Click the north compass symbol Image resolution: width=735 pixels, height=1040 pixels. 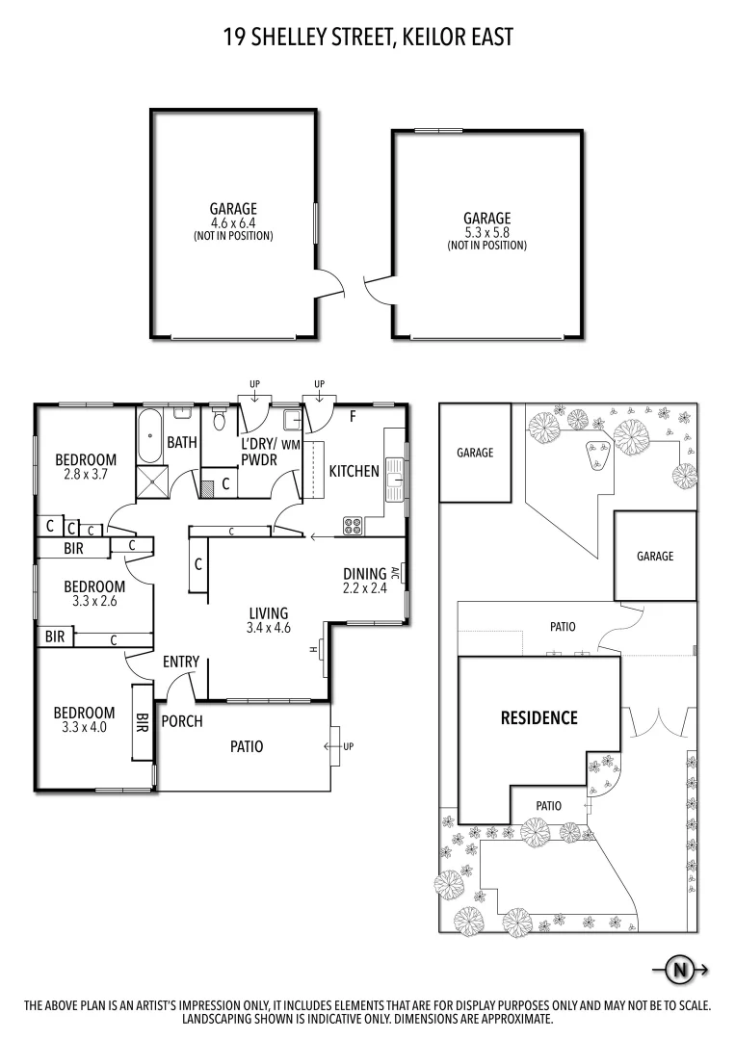coord(680,970)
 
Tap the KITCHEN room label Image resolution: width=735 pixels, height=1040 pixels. coord(354,472)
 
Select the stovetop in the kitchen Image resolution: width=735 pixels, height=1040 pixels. coord(353,526)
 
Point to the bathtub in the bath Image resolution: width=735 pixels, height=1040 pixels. coord(149,438)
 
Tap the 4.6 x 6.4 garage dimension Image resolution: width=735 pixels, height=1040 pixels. coord(233,222)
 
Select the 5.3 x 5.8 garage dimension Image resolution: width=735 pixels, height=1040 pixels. coord(486,232)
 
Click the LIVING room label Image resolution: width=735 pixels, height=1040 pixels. coord(269,613)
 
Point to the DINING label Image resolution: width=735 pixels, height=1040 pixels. coord(364,573)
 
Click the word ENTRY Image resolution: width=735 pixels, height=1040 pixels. coord(181,662)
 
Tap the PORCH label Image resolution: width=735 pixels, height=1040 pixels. coord(182,721)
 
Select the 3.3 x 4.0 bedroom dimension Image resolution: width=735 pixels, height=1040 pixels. coord(84,727)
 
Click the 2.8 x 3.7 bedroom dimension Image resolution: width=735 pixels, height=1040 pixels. coord(85,475)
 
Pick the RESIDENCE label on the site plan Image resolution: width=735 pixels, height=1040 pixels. coord(538,717)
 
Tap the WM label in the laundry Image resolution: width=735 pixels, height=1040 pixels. coord(291,445)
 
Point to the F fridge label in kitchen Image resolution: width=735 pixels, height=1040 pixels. coord(353,417)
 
